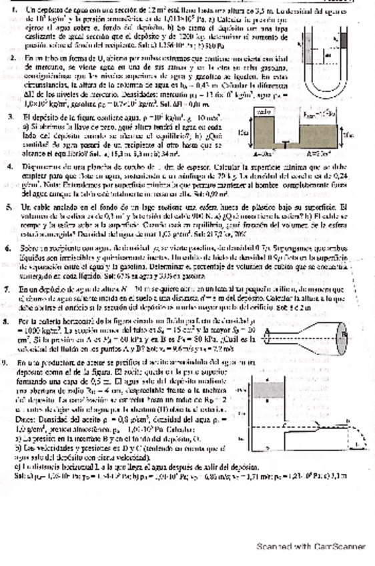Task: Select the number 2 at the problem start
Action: coord(13,59)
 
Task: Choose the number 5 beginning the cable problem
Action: coord(13,207)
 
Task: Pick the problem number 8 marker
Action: coord(13,321)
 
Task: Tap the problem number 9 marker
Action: coord(13,362)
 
